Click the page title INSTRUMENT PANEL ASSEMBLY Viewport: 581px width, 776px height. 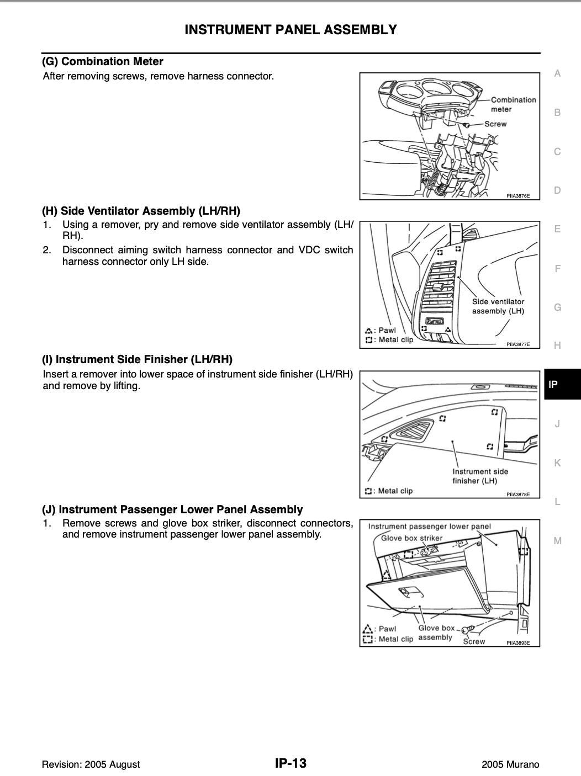coord(290,30)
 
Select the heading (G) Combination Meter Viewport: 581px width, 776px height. coord(103,61)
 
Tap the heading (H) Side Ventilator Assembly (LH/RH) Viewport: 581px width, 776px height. coord(141,211)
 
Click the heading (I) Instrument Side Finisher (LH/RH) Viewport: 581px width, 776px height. coord(137,359)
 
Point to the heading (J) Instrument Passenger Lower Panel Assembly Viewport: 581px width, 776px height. coord(172,509)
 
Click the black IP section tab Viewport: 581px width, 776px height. coord(562,384)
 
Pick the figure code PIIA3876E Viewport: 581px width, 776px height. coord(518,195)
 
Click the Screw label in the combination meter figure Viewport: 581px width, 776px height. coord(495,124)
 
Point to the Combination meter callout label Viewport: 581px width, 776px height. coord(514,105)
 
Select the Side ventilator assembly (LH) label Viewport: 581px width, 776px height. coord(498,306)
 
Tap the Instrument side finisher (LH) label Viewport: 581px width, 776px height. coord(480,476)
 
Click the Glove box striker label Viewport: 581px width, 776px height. coord(411,538)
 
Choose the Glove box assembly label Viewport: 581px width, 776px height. coord(436,633)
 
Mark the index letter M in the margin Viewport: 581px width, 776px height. coord(557,540)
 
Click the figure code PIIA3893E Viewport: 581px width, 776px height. coord(518,643)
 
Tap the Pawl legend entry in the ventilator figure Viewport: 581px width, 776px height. coord(381,330)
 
